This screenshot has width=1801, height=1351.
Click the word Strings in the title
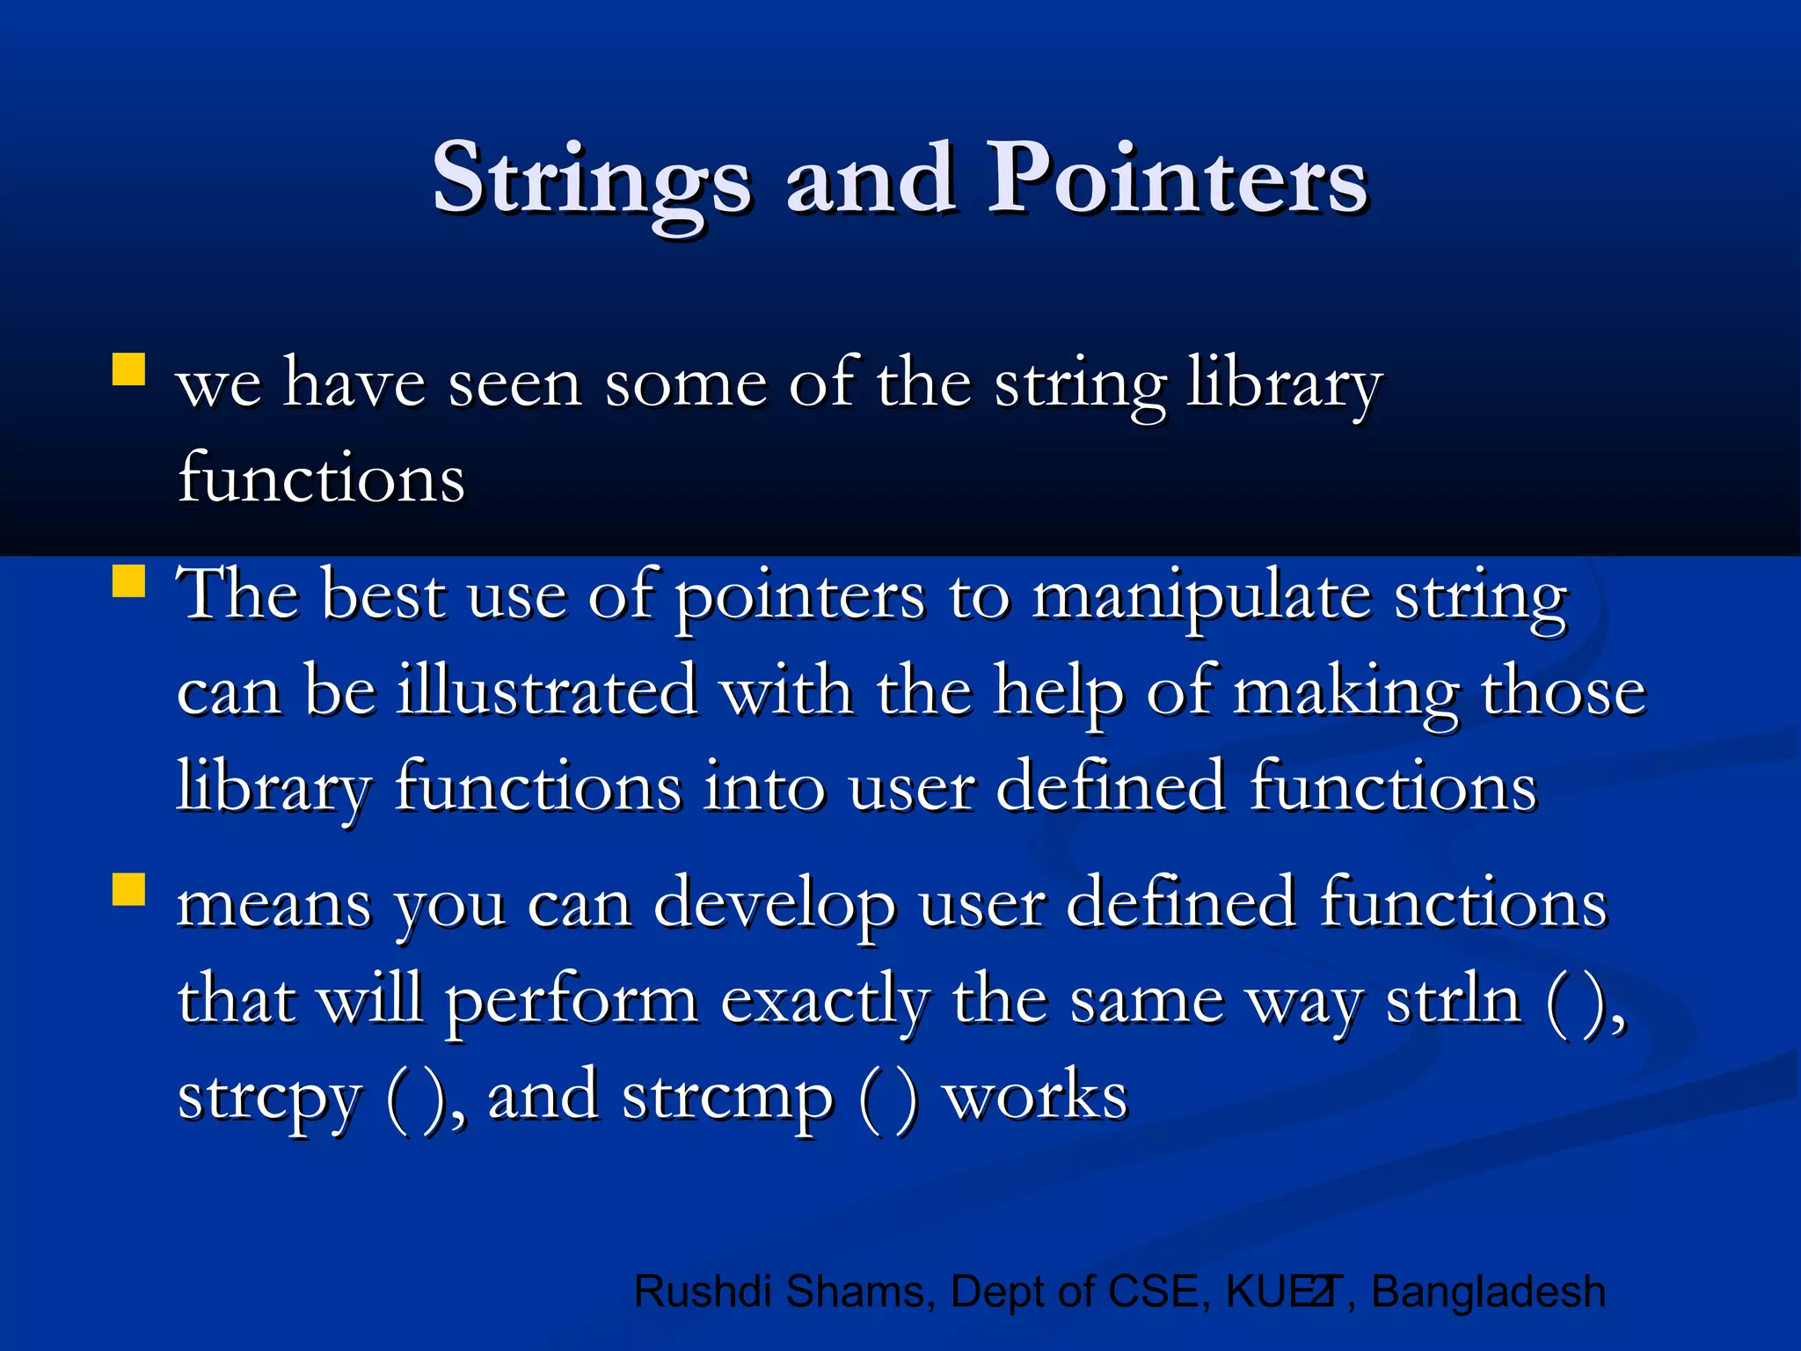click(x=592, y=180)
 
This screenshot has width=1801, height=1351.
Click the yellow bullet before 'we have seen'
click(x=128, y=369)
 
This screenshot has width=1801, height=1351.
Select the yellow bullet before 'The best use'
click(x=128, y=581)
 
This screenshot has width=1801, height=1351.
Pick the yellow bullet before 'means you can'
click(x=128, y=889)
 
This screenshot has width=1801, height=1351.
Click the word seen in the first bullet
click(x=514, y=385)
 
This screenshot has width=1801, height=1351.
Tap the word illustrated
click(x=547, y=691)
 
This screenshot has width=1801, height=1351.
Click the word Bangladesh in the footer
click(x=1488, y=1292)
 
